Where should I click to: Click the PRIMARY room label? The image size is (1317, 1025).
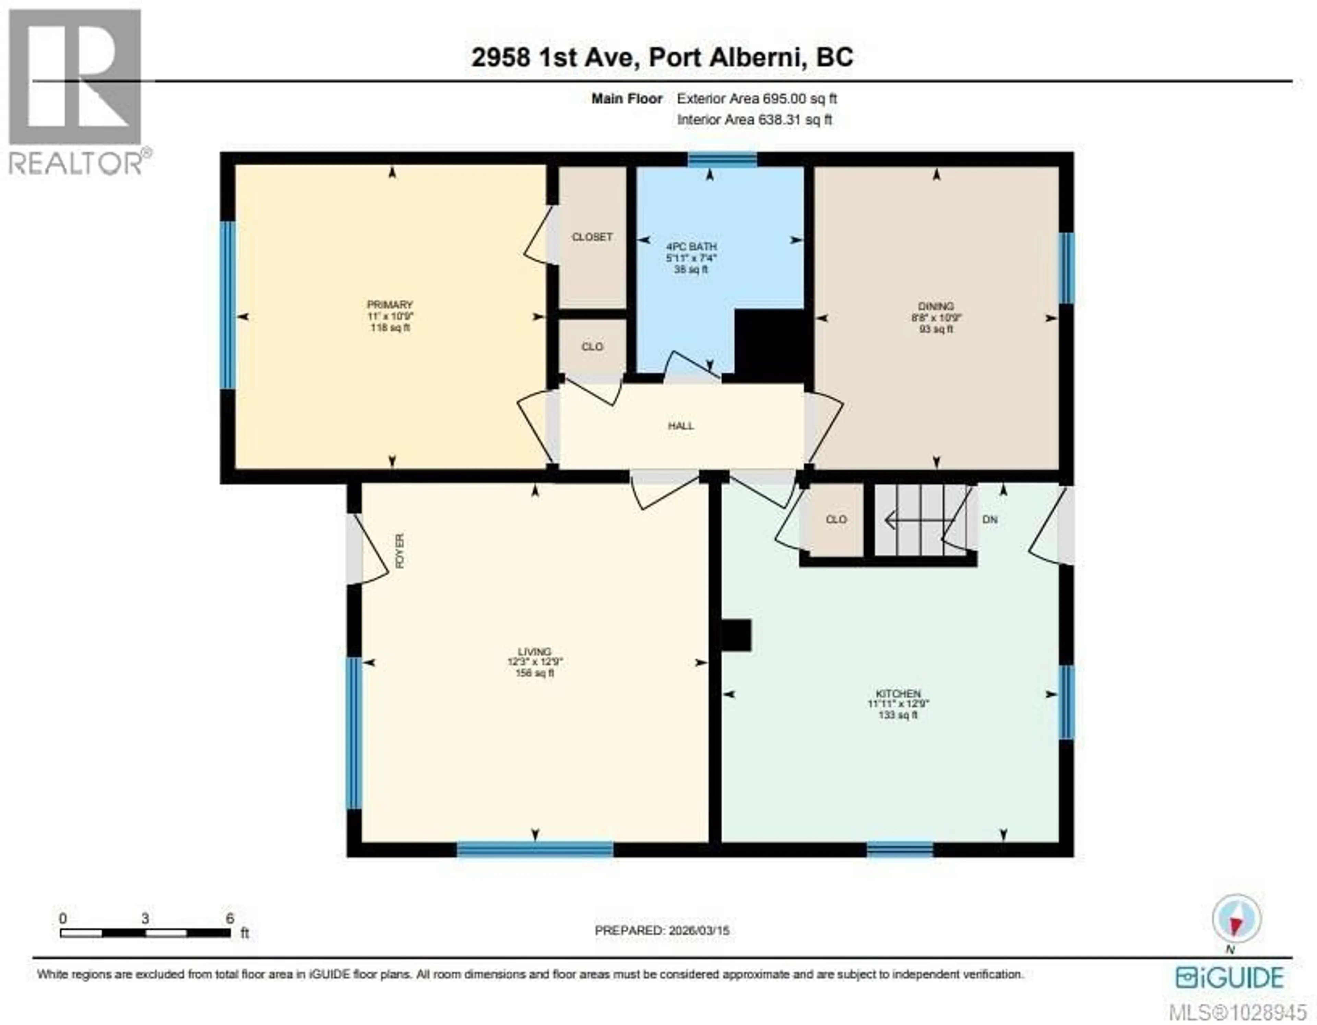click(390, 305)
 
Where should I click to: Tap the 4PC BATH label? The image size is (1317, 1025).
click(691, 246)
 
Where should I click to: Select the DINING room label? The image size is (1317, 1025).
click(936, 306)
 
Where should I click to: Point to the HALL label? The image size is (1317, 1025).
click(681, 426)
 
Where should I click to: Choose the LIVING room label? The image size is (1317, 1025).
click(534, 651)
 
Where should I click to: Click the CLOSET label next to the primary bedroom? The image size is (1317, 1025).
click(592, 237)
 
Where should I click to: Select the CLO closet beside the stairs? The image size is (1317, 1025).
click(836, 519)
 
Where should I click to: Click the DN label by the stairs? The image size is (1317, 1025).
click(989, 519)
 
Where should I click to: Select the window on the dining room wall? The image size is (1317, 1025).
click(1066, 268)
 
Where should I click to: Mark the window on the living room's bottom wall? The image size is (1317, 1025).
click(535, 849)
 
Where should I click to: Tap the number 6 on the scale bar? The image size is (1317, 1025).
click(230, 919)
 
